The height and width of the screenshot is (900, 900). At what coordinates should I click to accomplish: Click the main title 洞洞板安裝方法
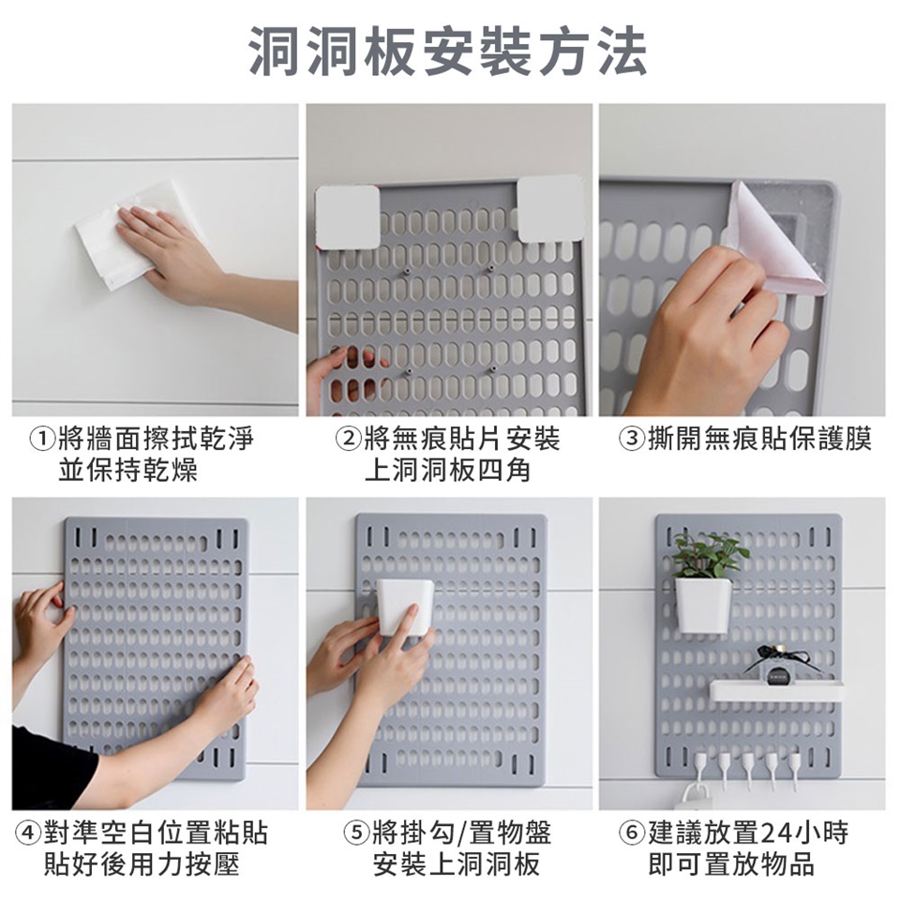(x=448, y=52)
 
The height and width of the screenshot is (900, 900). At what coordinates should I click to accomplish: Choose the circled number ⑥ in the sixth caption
(x=631, y=833)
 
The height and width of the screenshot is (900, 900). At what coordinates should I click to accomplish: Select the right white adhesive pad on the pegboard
(x=551, y=208)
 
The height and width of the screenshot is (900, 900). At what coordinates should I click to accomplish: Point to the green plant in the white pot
(x=711, y=554)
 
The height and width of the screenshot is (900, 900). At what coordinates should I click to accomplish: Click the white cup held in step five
(x=404, y=607)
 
